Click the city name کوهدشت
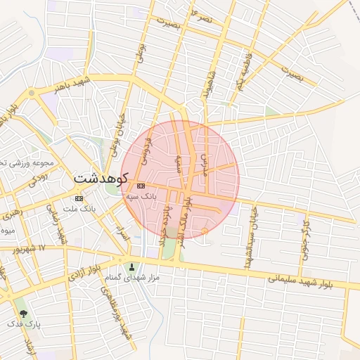[x=100, y=179]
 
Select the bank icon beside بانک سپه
[x=141, y=186]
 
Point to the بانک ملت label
[x=79, y=210]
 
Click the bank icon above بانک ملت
[x=79, y=198]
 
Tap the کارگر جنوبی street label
[x=304, y=240]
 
